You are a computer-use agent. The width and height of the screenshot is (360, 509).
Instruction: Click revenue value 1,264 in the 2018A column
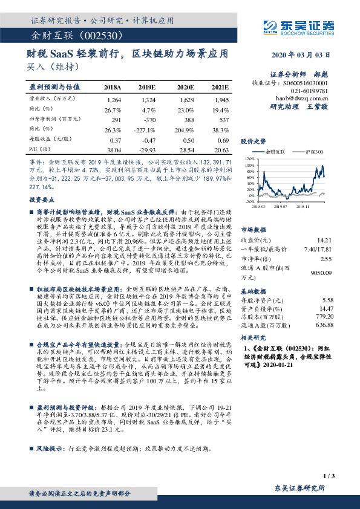113,99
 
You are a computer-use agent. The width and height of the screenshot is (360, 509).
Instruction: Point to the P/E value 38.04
113,149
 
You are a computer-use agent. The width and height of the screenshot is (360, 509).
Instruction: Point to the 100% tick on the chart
248,164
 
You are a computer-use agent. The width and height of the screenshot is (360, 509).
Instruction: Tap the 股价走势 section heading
253,140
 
